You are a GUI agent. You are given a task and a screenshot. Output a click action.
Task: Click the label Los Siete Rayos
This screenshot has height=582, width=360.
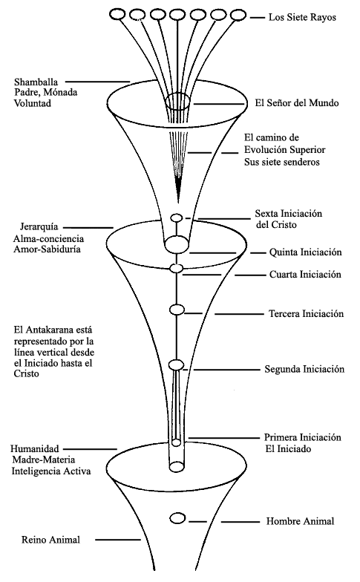302,18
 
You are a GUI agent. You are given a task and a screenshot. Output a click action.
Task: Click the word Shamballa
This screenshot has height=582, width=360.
36,82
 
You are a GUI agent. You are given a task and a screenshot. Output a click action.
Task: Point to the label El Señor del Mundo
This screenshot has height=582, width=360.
297,102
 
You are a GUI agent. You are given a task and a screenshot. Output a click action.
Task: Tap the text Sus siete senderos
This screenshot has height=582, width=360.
282,162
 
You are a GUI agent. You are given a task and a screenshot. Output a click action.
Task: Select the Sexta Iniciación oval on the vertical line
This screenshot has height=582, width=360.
177,218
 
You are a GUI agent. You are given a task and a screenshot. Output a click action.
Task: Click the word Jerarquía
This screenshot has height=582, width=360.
39,227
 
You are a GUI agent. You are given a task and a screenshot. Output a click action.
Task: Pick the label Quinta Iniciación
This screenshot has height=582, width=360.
306,252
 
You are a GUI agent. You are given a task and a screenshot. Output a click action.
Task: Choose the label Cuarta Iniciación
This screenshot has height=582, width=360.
305,275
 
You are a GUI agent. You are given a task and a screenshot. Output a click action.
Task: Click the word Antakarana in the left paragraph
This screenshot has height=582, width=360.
46,330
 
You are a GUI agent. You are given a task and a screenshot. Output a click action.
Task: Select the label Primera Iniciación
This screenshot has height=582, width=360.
303,437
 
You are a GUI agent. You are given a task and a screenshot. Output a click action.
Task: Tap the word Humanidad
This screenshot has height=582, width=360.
34,448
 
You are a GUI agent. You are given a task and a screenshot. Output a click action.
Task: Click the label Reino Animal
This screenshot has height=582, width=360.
50,540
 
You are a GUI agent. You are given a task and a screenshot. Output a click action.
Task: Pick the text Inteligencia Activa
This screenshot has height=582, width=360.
51,471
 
